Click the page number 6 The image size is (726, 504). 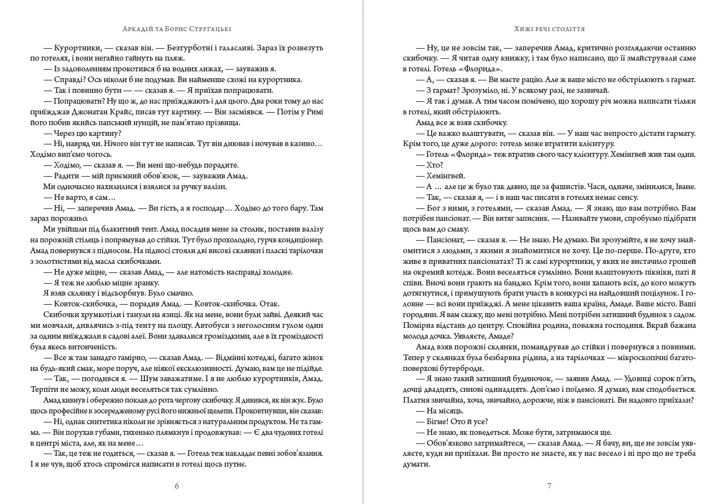click(x=177, y=485)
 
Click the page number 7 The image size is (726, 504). click(x=549, y=485)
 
